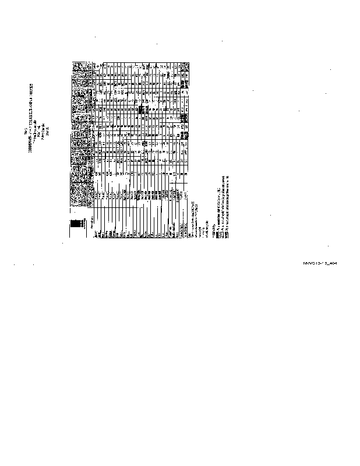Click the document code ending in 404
321,263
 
